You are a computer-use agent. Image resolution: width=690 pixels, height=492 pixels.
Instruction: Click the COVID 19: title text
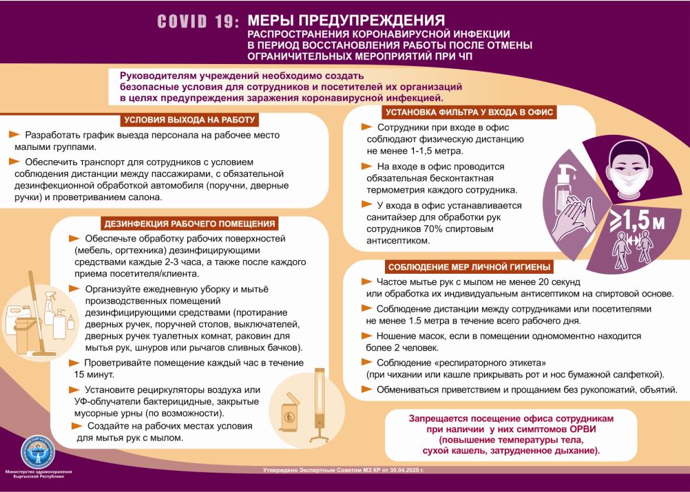(198, 22)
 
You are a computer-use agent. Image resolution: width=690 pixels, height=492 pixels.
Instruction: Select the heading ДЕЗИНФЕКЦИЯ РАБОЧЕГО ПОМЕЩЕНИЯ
(189, 223)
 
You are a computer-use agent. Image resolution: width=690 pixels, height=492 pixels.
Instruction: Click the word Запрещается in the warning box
(441, 418)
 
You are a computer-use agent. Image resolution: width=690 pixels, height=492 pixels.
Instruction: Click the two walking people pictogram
(633, 250)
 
